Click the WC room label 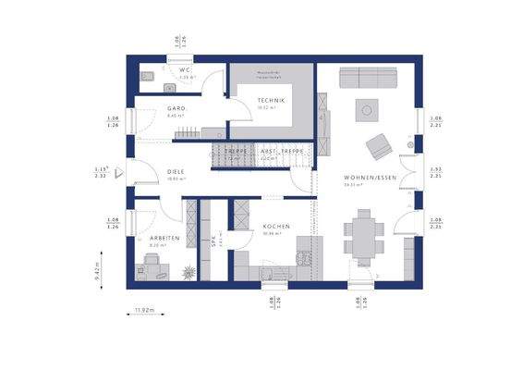[x=185, y=70]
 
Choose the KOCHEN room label [x=275, y=227]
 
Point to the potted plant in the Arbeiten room [x=189, y=271]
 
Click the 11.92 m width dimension [x=144, y=311]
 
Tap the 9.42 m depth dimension [x=97, y=272]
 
